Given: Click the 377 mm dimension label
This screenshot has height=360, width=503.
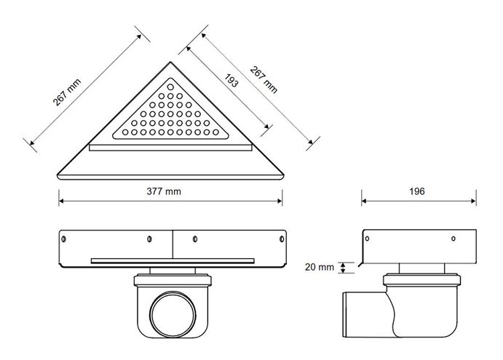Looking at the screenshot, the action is point(164,191).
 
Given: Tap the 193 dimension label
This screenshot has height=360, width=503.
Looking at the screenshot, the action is point(231,81).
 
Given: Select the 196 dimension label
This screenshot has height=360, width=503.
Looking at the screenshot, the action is point(416,191).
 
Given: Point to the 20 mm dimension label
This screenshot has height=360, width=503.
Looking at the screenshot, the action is point(319,267).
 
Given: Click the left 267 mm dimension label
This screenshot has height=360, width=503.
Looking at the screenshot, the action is point(67,92).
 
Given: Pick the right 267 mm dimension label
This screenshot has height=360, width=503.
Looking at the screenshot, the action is point(264,79).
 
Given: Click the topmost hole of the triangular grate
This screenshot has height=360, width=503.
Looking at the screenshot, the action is point(170,87).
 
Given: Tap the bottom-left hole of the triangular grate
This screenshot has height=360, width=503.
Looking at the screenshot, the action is point(125,132).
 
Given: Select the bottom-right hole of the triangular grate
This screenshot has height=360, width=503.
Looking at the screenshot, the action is point(215,132).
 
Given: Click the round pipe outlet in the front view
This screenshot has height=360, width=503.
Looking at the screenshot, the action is point(173,314).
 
